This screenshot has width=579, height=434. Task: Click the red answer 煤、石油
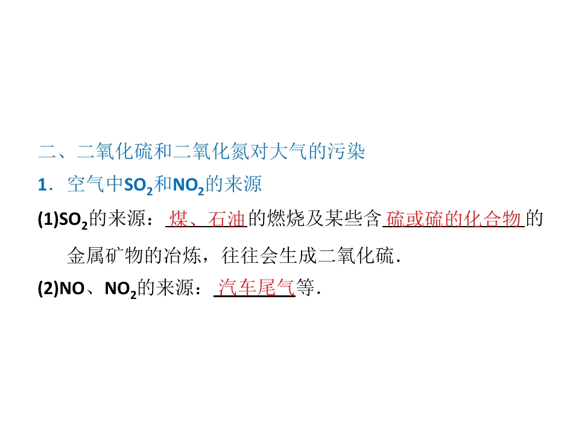click(x=207, y=219)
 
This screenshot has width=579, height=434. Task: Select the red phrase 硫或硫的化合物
click(x=454, y=219)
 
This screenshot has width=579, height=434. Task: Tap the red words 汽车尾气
click(x=256, y=288)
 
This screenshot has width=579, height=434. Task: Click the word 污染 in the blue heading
click(x=346, y=151)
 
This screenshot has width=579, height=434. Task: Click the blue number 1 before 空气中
click(x=42, y=185)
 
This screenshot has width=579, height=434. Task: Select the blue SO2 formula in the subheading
click(x=138, y=186)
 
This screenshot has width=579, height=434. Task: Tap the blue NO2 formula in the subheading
click(x=188, y=186)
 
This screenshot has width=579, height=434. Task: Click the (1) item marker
click(x=48, y=219)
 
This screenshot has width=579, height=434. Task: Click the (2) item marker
click(x=48, y=288)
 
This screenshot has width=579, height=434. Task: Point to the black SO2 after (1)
click(x=74, y=221)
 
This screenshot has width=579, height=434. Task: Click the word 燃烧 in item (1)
click(x=286, y=219)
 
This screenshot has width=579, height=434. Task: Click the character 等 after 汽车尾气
click(x=305, y=288)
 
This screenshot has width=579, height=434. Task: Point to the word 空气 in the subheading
click(x=86, y=184)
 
